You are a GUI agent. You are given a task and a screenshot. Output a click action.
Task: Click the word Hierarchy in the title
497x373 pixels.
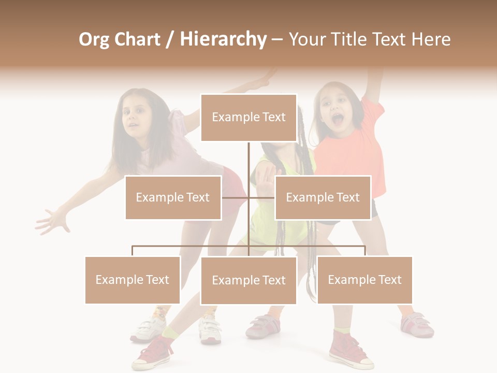tap(223, 39)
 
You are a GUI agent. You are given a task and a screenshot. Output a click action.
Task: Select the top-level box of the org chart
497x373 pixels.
tap(248, 118)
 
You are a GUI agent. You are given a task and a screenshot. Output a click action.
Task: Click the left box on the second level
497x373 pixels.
tap(173, 197)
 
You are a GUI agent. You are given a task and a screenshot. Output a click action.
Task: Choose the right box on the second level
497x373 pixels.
tap(323, 197)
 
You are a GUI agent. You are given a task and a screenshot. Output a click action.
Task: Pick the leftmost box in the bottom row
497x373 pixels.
tap(133, 280)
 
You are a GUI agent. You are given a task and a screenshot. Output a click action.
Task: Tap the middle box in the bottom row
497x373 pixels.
tap(248, 280)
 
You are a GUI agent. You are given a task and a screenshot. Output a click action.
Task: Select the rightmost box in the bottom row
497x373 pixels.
tap(364, 280)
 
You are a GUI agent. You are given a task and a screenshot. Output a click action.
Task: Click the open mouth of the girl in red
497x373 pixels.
tap(338, 120)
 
